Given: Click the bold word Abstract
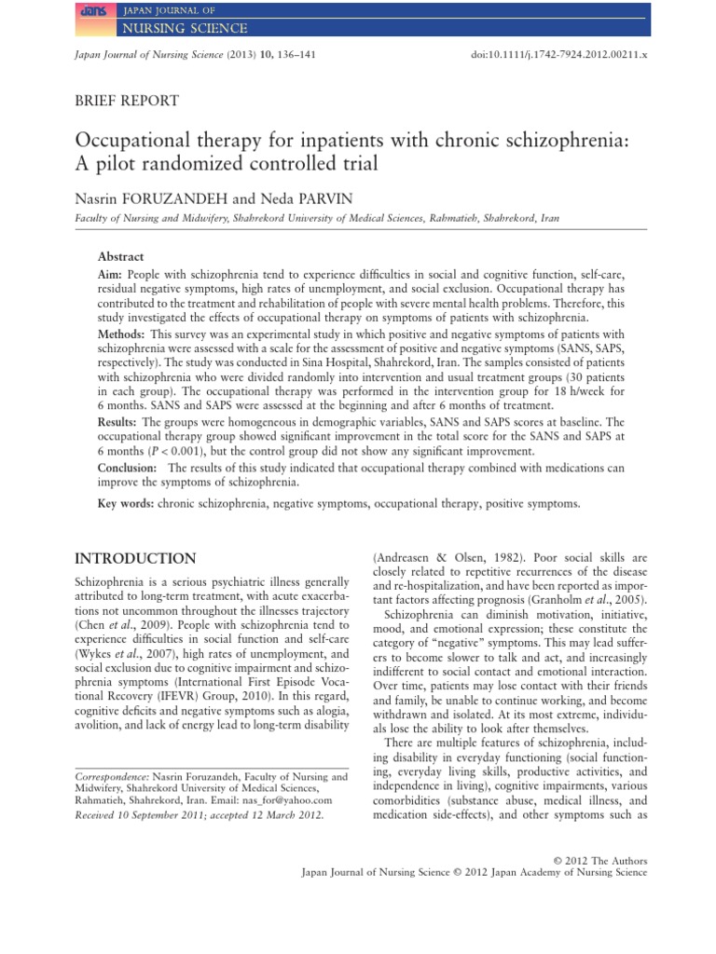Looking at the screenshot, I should coord(121,255).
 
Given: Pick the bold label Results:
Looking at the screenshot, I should coord(117,422).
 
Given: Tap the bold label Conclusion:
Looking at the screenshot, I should coord(129,468).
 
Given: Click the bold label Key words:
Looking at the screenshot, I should coord(126,503).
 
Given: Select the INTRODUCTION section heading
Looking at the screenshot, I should coord(134,558).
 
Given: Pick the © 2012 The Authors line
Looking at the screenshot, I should coord(600,860).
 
